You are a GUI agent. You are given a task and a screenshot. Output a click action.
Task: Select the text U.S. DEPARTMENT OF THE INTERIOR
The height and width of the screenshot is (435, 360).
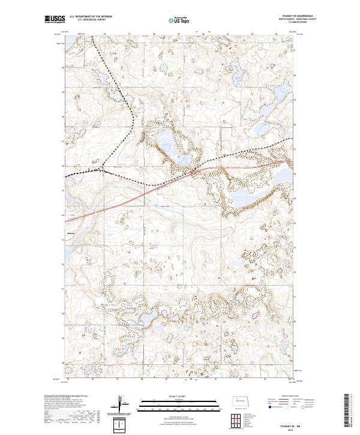[91, 16]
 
